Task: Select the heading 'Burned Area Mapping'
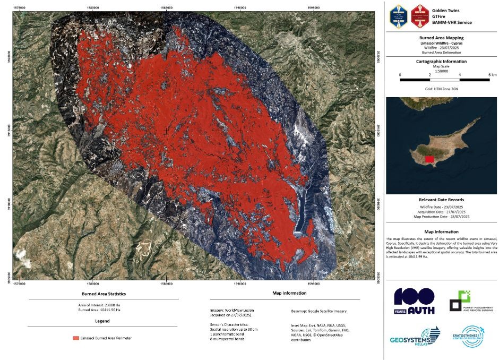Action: (442, 38)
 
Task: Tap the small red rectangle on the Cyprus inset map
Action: (429, 158)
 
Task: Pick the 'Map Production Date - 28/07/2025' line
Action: (442, 217)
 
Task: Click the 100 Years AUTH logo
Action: (414, 301)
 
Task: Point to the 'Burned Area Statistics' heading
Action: (104, 293)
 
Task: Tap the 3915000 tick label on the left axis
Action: (7, 129)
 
